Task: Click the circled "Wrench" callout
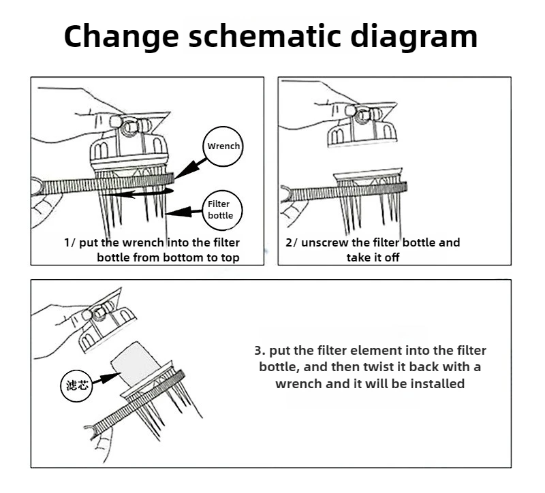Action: pyautogui.click(x=223, y=146)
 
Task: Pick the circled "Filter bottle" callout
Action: pyautogui.click(x=220, y=210)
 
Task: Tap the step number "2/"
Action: pyautogui.click(x=292, y=242)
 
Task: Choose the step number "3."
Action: pyautogui.click(x=259, y=351)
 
